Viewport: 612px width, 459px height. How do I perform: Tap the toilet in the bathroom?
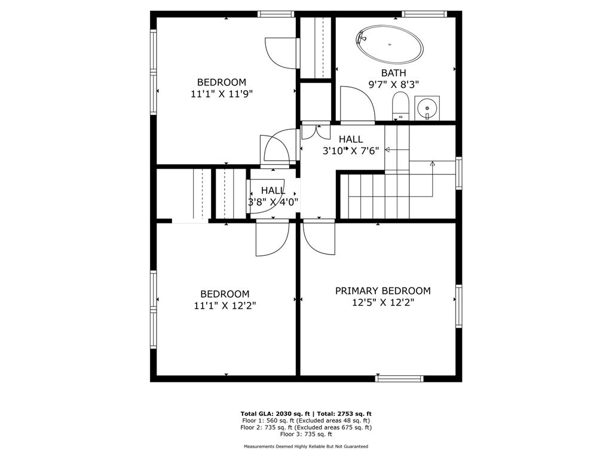[399, 106]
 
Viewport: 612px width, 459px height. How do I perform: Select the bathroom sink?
[427, 108]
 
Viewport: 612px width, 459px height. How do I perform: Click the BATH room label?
[393, 74]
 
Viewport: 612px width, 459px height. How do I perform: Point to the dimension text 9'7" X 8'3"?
[393, 85]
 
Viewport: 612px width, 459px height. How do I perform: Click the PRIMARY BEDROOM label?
[382, 291]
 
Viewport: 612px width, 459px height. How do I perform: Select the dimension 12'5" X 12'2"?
[382, 303]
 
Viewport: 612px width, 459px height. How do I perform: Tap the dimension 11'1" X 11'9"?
[222, 94]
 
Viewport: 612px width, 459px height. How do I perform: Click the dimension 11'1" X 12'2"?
[224, 306]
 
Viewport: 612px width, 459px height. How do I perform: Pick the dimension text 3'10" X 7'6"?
[351, 151]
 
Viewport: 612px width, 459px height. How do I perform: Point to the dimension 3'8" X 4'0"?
[273, 202]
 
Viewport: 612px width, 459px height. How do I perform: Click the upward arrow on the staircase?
[432, 162]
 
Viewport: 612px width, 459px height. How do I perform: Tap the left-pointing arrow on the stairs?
[388, 149]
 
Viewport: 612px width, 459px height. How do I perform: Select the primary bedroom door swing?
[319, 238]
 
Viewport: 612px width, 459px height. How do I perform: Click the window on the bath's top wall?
[424, 14]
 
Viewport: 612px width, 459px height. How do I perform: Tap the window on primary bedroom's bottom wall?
[399, 378]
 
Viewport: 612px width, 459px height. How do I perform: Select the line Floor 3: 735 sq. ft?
[306, 434]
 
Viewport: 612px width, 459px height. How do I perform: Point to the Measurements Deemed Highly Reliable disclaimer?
[306, 447]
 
